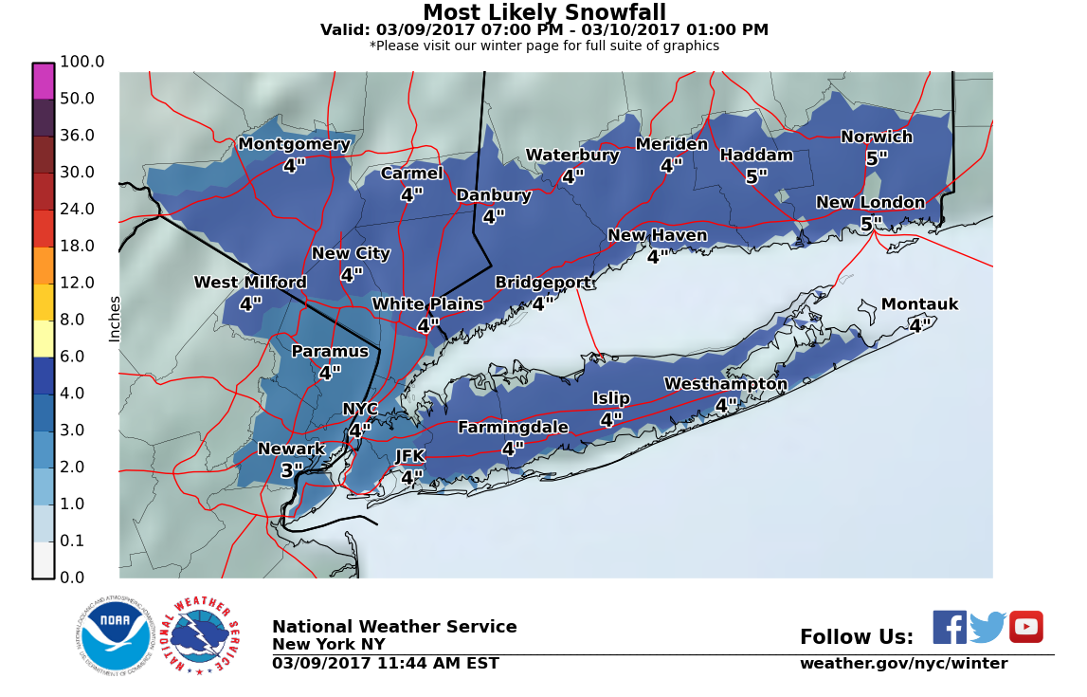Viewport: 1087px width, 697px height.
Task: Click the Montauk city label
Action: click(919, 304)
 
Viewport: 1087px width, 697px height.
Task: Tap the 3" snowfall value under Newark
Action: click(292, 470)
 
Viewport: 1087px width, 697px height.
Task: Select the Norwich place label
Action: click(877, 137)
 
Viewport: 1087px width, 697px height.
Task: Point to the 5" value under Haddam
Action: click(756, 177)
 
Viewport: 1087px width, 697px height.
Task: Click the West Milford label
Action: click(250, 283)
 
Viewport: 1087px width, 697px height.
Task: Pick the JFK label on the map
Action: click(410, 456)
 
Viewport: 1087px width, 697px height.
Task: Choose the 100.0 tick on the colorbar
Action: click(82, 62)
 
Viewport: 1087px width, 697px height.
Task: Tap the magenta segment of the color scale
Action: click(44, 82)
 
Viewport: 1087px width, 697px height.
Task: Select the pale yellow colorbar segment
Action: click(44, 339)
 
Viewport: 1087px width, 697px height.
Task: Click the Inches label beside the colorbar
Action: click(115, 319)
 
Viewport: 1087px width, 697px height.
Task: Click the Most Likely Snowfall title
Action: click(544, 12)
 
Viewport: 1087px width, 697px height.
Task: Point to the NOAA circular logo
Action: click(116, 635)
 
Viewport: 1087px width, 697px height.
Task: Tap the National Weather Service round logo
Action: click(205, 635)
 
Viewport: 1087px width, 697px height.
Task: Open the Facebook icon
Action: click(950, 627)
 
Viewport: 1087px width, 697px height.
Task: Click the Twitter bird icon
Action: click(987, 627)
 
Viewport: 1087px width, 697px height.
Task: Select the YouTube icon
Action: click(1025, 627)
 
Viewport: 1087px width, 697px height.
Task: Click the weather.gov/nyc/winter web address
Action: click(903, 664)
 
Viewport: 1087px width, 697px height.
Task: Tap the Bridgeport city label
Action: click(543, 283)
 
